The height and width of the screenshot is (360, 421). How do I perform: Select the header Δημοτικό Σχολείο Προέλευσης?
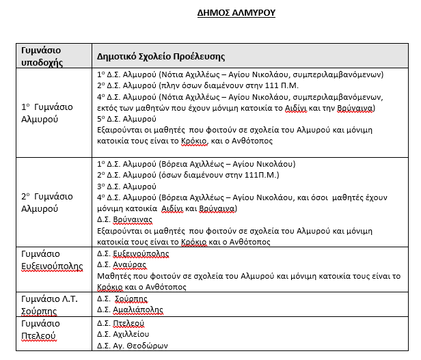161,57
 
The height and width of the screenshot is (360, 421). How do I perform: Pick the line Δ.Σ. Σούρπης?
122,298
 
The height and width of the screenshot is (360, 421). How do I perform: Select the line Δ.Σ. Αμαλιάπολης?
130,309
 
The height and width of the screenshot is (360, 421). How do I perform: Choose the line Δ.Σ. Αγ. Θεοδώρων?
133,345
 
